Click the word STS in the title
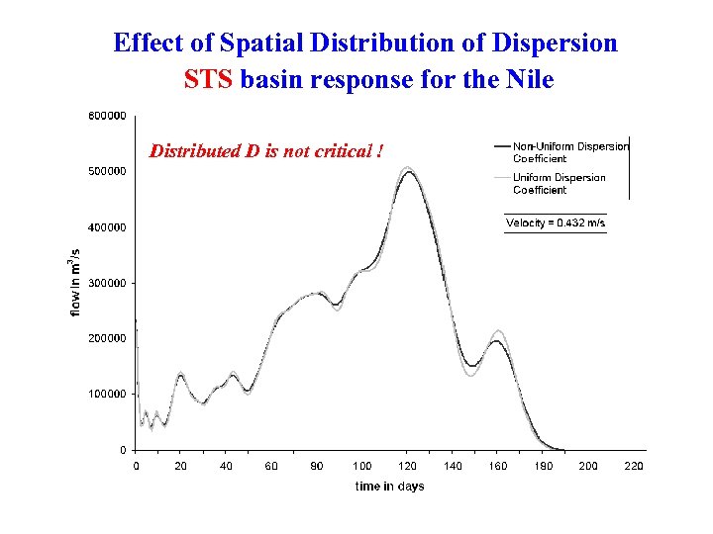(208, 79)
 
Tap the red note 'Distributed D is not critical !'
(265, 151)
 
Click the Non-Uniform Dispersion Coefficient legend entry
(569, 152)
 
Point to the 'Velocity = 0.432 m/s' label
(556, 222)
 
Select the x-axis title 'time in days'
(389, 486)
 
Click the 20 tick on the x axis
(181, 466)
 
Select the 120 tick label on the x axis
(408, 466)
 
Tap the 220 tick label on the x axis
(634, 466)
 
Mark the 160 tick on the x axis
(498, 466)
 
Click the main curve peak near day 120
(409, 170)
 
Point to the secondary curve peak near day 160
(498, 336)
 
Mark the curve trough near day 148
(472, 368)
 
